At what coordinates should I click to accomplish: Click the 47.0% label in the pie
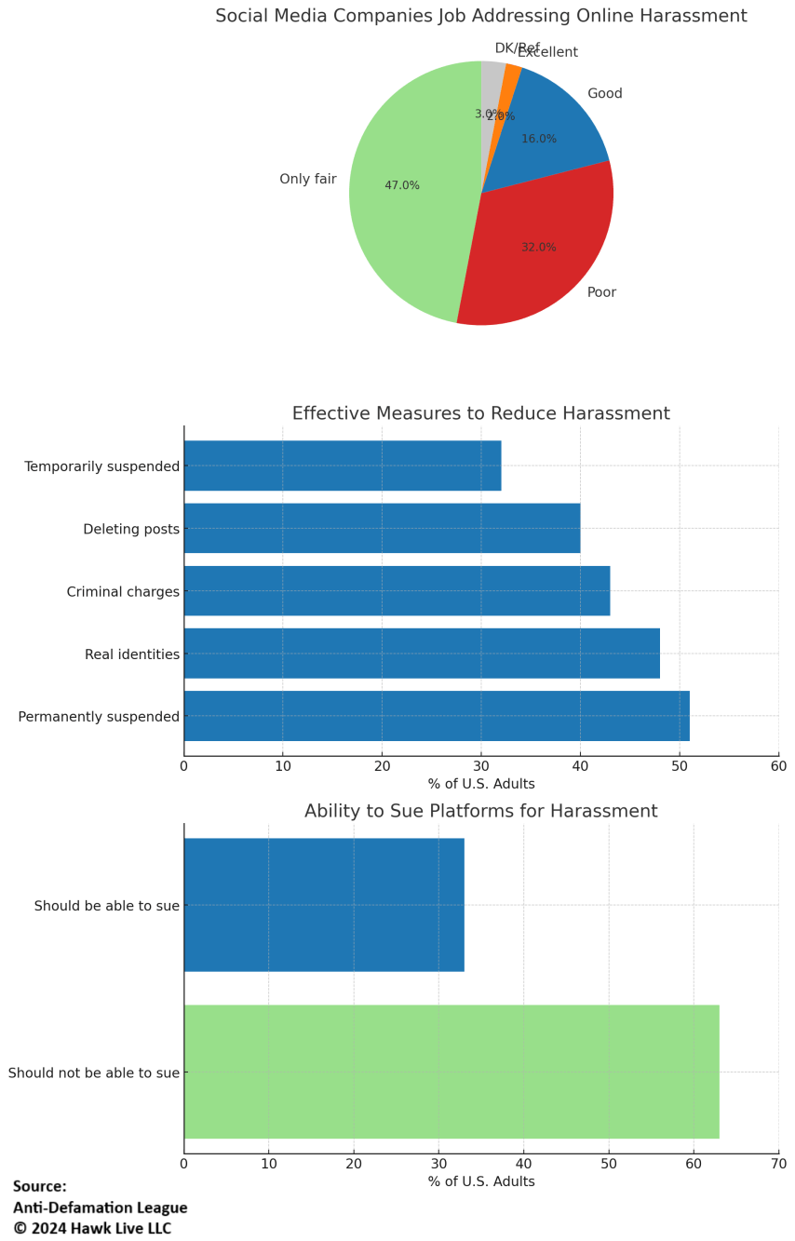click(402, 185)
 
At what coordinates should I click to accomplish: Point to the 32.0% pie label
click(539, 248)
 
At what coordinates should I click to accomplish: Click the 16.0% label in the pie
click(539, 139)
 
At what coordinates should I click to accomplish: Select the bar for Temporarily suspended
click(343, 465)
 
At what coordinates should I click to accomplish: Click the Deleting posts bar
click(382, 528)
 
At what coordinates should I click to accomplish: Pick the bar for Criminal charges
click(397, 590)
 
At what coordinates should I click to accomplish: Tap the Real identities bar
click(422, 653)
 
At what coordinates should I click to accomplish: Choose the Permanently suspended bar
click(437, 715)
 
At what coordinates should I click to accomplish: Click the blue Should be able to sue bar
click(324, 904)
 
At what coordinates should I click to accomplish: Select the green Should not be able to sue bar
click(451, 1071)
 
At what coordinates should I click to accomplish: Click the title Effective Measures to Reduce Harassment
click(480, 413)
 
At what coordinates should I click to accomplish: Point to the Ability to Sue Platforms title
click(480, 811)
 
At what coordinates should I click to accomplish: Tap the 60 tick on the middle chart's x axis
click(778, 766)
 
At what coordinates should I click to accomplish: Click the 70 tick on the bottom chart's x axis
click(778, 1163)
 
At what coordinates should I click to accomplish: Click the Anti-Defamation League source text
click(100, 1207)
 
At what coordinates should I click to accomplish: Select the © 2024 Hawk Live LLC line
click(92, 1228)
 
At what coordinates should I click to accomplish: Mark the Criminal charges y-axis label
click(123, 592)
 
